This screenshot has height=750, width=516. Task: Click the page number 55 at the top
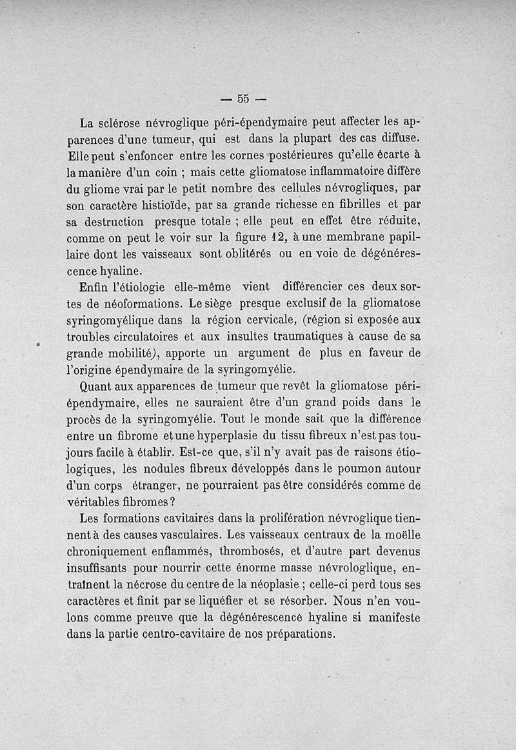tap(243, 99)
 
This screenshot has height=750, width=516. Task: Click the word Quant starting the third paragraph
tap(95, 386)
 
